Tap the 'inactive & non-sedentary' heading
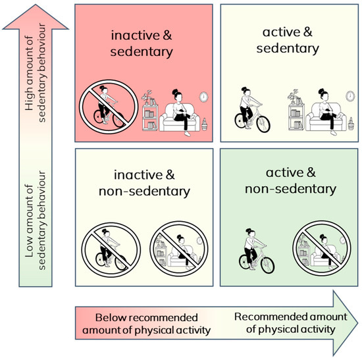pyautogui.click(x=144, y=184)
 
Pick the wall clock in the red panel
pyautogui.click(x=203, y=97)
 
